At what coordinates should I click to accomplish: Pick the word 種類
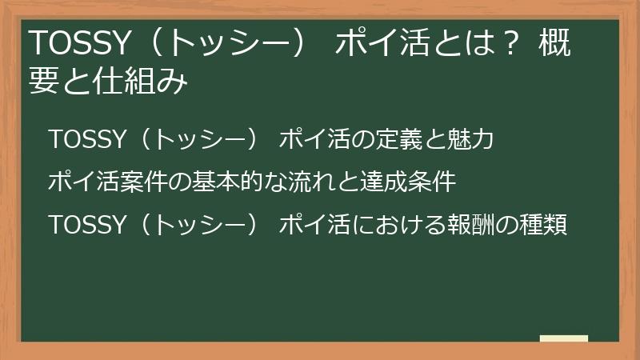[x=544, y=225]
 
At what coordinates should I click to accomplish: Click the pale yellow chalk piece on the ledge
[x=563, y=338]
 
